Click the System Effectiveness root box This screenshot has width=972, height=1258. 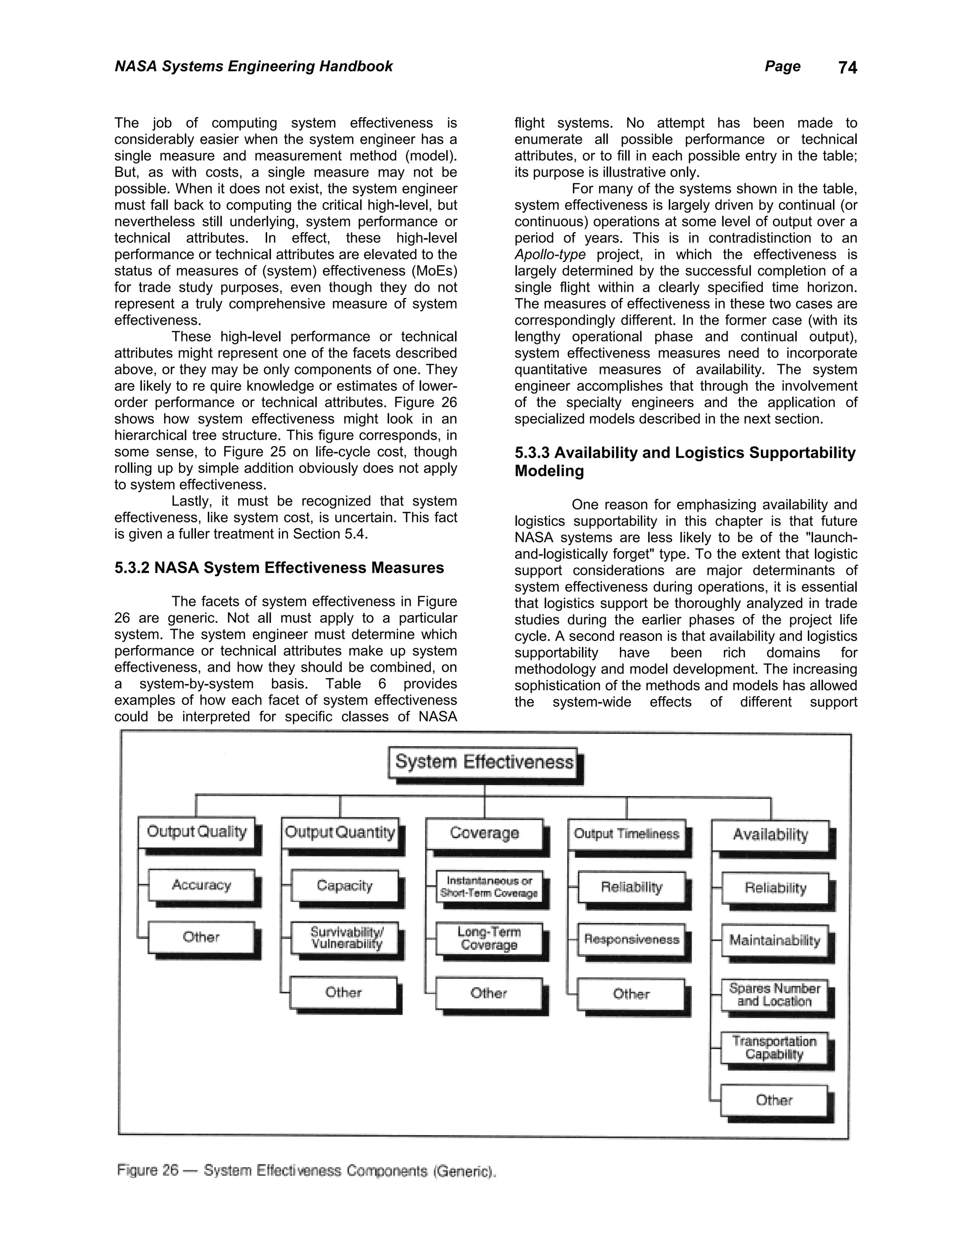(x=484, y=763)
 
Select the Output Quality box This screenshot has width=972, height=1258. (x=197, y=832)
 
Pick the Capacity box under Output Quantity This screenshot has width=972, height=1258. (x=345, y=885)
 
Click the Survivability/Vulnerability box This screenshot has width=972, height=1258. (x=346, y=938)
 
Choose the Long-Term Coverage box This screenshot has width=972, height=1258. (x=489, y=939)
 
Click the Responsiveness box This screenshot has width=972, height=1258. (x=632, y=939)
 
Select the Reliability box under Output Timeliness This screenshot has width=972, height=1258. (x=632, y=887)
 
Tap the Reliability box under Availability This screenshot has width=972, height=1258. (x=775, y=888)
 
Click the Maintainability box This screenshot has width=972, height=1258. (x=775, y=940)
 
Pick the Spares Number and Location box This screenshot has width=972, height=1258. (x=775, y=994)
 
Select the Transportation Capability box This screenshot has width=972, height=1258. (x=775, y=1048)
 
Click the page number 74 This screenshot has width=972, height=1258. (x=848, y=68)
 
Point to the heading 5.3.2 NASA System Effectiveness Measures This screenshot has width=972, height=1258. (x=279, y=568)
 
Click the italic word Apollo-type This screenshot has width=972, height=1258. (x=550, y=254)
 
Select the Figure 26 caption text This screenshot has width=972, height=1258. (x=306, y=1171)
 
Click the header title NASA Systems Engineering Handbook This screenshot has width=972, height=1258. (x=253, y=66)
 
